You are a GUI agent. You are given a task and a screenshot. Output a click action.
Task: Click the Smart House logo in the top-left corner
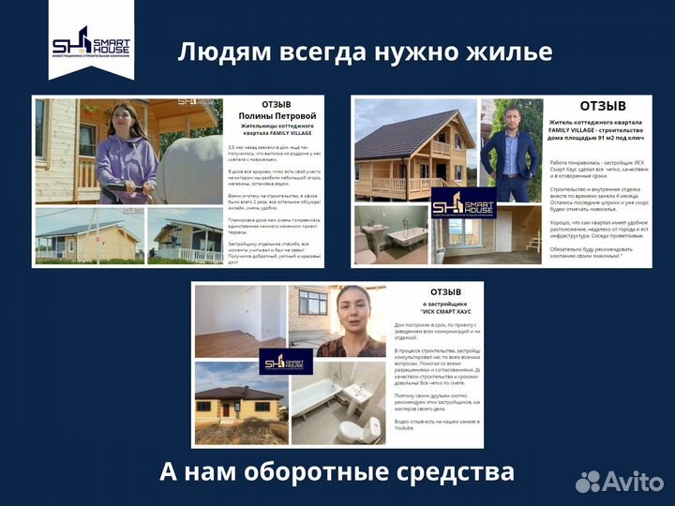pyautogui.click(x=91, y=43)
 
